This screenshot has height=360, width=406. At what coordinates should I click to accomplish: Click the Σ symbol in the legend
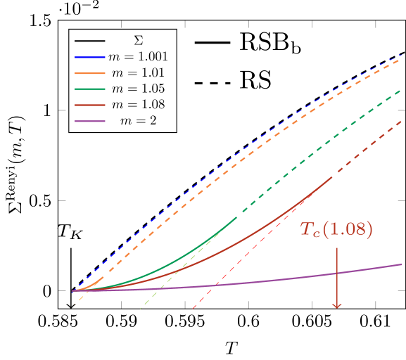138,41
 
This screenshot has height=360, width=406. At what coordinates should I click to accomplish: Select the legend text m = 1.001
138,57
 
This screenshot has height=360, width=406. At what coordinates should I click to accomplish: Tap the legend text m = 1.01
138,72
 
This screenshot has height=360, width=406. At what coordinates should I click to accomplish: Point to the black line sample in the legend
90,41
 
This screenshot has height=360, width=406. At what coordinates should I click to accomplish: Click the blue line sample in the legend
90,57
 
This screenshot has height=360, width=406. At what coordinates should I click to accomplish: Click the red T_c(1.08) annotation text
336,229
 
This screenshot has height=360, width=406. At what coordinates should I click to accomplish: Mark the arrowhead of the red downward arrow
337,306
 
